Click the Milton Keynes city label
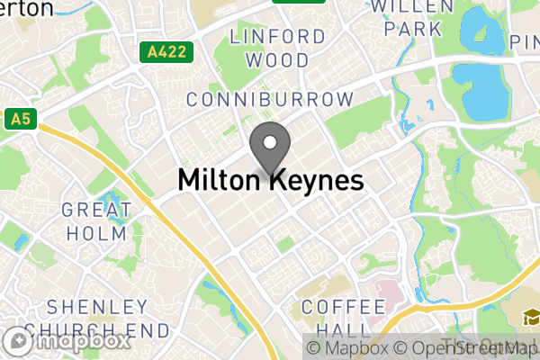click(270, 180)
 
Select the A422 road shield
click(167, 53)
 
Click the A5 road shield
click(18, 118)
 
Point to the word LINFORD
click(277, 37)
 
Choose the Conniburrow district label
click(269, 99)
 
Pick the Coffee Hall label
click(337, 317)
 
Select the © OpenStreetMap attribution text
click(468, 347)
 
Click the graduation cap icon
click(526, 318)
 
